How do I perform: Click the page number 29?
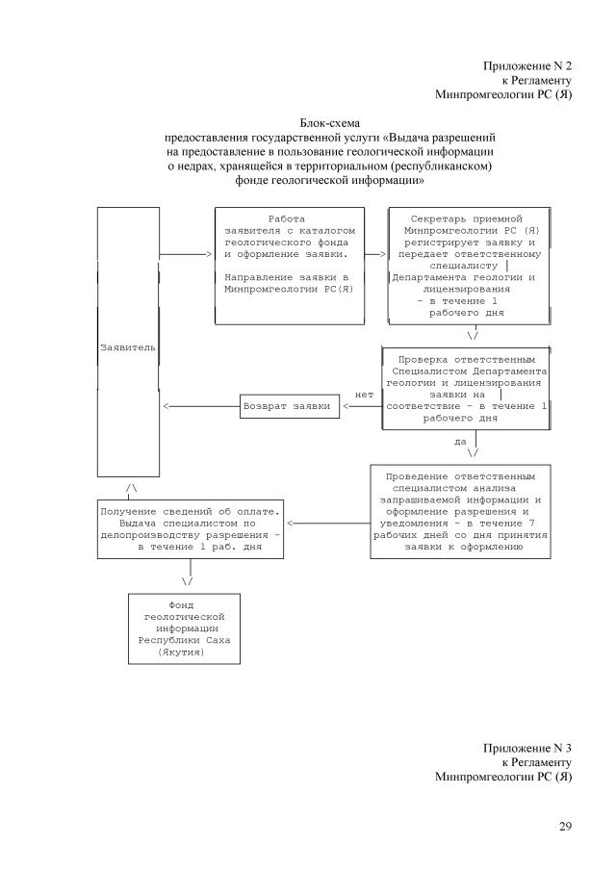click(x=565, y=826)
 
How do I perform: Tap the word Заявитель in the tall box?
click(x=128, y=345)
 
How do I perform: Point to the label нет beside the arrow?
click(x=364, y=394)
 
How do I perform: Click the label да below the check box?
click(x=460, y=442)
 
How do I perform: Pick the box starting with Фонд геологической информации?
click(x=184, y=627)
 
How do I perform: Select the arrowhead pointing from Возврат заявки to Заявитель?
click(x=169, y=406)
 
